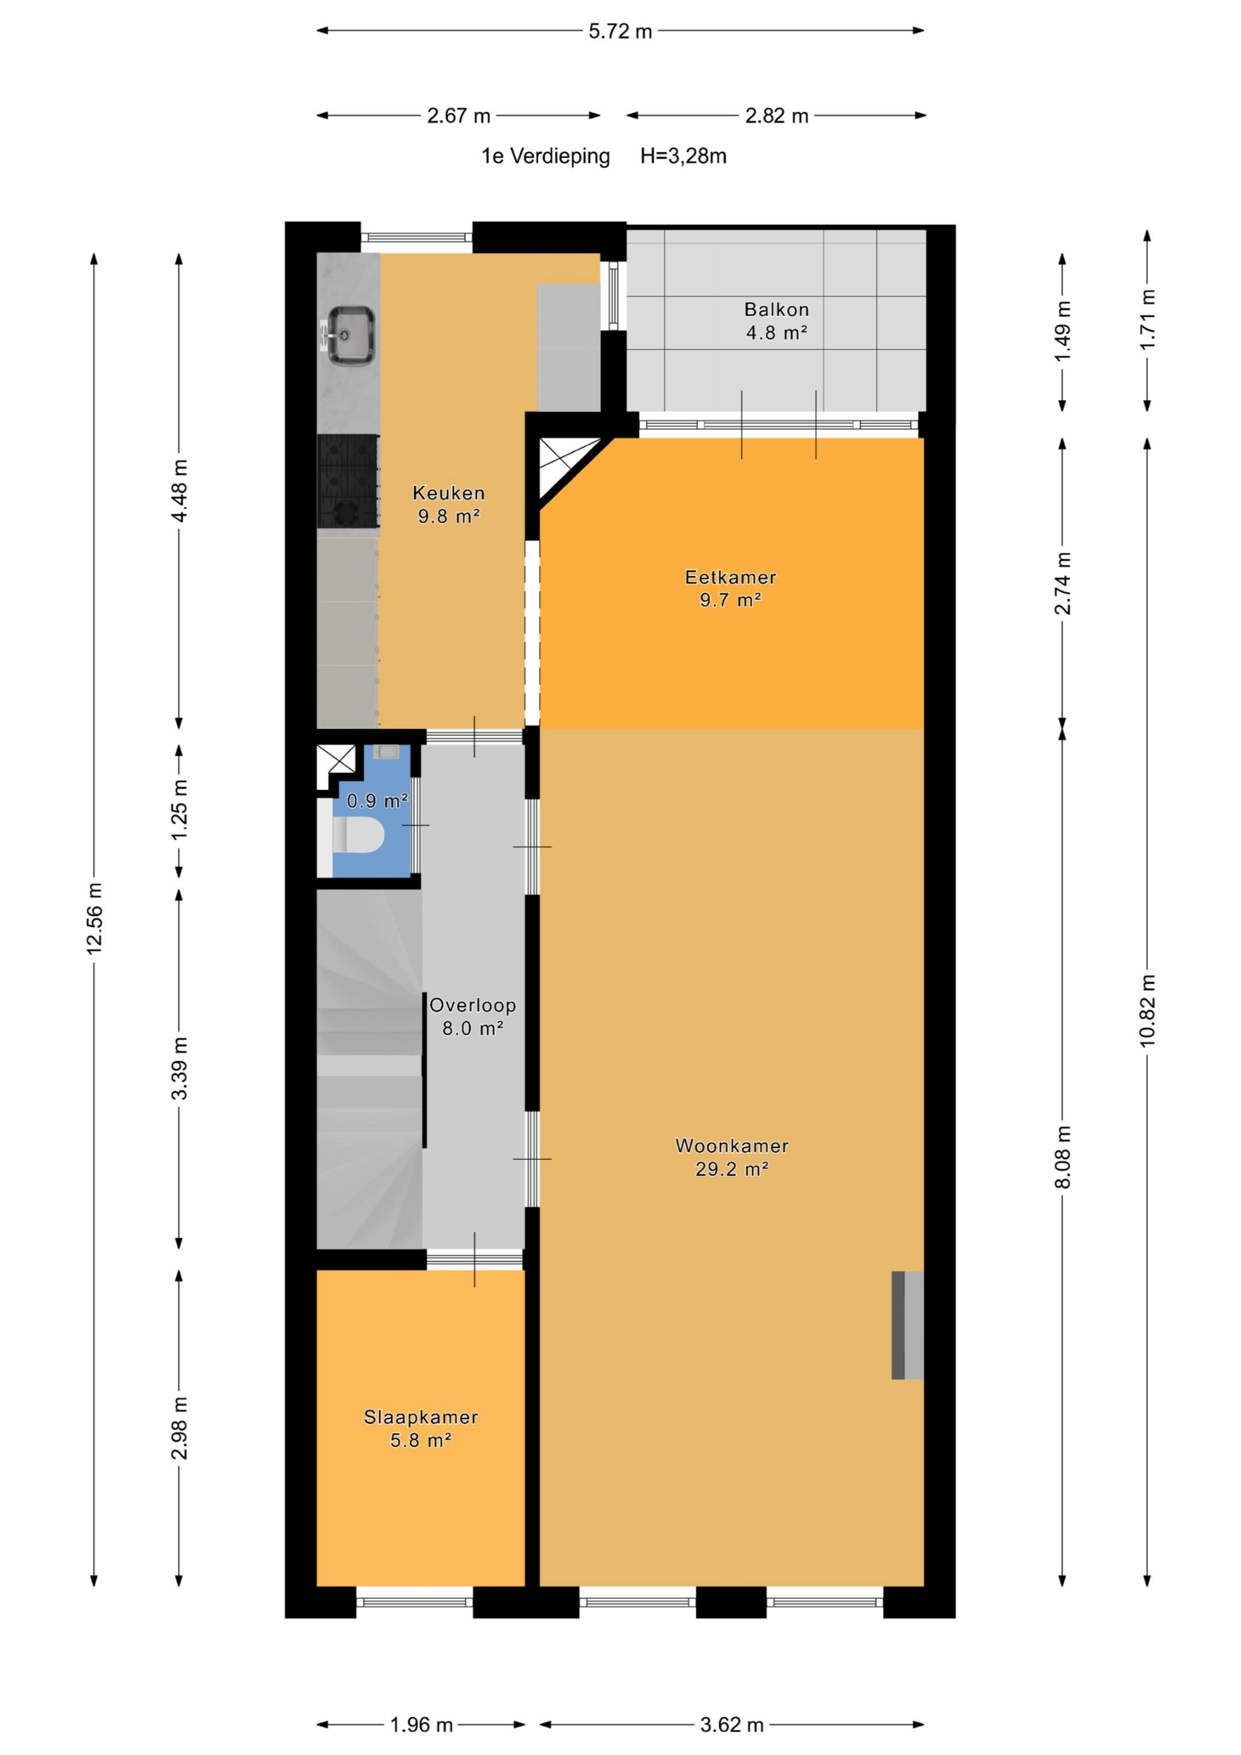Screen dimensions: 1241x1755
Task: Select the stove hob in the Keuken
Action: [x=348, y=481]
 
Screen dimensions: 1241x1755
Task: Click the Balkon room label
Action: [x=777, y=310]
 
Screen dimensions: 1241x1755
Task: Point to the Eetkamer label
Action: [x=730, y=577]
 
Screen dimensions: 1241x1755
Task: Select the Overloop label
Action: [x=472, y=1005]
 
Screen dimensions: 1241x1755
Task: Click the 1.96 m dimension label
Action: [x=421, y=1725]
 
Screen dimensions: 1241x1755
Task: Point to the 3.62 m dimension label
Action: [x=732, y=1725]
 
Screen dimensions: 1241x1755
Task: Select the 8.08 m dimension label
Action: [x=1062, y=1157]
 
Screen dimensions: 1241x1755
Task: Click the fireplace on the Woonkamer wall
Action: [x=908, y=1325]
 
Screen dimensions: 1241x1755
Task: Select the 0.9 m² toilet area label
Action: [x=377, y=800]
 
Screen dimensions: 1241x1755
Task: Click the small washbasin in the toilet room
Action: [x=386, y=752]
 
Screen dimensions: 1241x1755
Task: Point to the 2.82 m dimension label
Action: [x=777, y=116]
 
